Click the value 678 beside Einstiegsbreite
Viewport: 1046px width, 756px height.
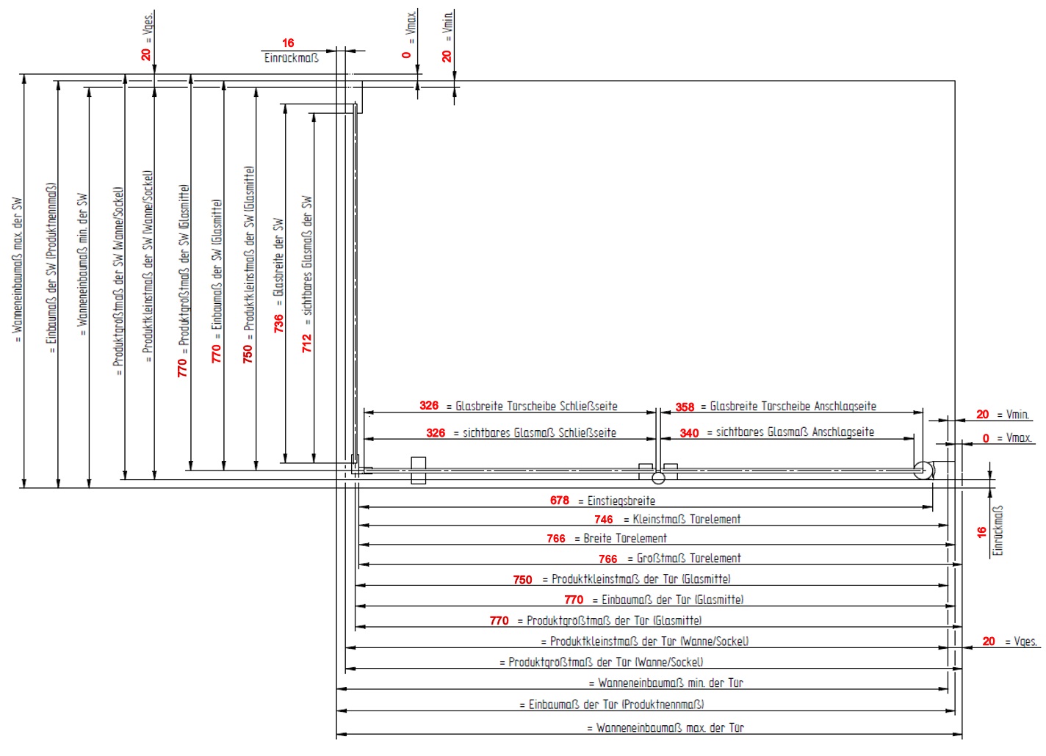(x=559, y=501)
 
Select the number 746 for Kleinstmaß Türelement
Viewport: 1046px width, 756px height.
(x=604, y=520)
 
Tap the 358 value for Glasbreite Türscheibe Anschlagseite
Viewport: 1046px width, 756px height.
(x=685, y=407)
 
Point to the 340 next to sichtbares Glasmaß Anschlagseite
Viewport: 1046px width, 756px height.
(x=689, y=433)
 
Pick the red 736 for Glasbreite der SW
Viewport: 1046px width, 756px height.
(x=278, y=324)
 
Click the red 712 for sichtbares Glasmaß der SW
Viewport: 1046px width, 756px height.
(x=307, y=344)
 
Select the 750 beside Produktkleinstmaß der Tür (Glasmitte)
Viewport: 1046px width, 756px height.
(x=522, y=580)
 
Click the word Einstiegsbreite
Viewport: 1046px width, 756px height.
(x=621, y=501)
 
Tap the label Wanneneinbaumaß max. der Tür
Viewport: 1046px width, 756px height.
(x=670, y=728)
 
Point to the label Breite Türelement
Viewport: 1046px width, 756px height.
(x=625, y=539)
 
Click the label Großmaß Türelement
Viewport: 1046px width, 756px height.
(x=688, y=559)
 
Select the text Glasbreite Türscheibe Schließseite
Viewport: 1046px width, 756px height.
(x=536, y=406)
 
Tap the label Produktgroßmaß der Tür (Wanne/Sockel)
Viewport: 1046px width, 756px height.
(x=605, y=662)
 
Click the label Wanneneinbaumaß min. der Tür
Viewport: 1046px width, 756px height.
(x=670, y=683)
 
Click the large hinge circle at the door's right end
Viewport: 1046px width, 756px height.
(x=923, y=470)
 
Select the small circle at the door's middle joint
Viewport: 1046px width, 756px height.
(x=658, y=479)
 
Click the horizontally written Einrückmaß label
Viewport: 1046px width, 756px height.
(x=292, y=58)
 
